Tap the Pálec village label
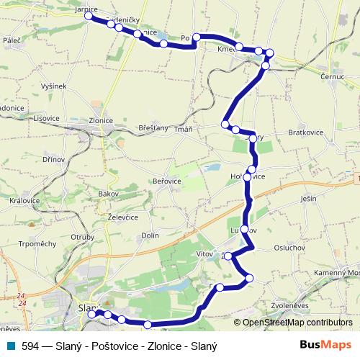[x=12, y=41]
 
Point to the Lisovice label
[x=46, y=117]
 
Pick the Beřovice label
[x=167, y=181]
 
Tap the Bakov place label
[x=108, y=194]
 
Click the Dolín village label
[x=150, y=235]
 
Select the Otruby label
[x=83, y=237]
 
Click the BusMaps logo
[x=326, y=345]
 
